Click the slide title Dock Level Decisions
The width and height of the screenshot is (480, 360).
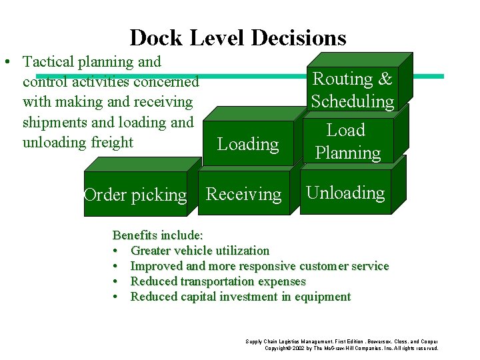pyautogui.click(x=238, y=37)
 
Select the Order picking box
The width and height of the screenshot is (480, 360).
pyautogui.click(x=135, y=195)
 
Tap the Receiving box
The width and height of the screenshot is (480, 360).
pyautogui.click(x=244, y=194)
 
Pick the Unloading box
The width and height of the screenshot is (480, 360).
pyautogui.click(x=345, y=193)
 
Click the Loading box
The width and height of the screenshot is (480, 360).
pyautogui.click(x=248, y=144)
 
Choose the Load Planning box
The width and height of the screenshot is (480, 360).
pyautogui.click(x=347, y=141)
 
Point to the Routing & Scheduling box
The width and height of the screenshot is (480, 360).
pyautogui.click(x=353, y=90)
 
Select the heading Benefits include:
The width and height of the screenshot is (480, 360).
pyautogui.click(x=158, y=235)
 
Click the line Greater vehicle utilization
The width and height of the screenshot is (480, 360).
pyautogui.click(x=200, y=251)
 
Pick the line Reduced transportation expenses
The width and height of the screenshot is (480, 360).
pyautogui.click(x=218, y=281)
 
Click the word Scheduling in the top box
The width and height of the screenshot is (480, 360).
pyautogui.click(x=353, y=101)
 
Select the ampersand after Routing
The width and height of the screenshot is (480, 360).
pyautogui.click(x=385, y=79)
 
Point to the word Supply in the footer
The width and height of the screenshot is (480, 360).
pyautogui.click(x=253, y=341)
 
